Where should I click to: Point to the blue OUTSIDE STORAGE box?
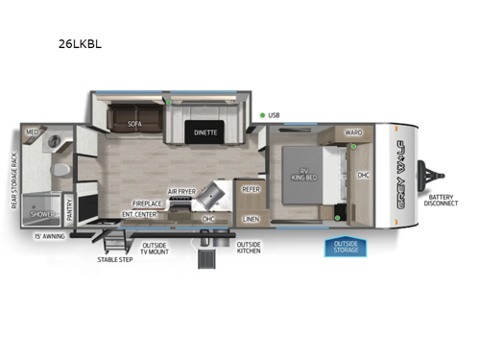click(345, 247)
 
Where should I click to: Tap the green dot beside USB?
click(262, 115)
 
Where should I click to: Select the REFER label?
click(252, 190)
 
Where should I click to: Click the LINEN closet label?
click(251, 219)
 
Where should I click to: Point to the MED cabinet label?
click(32, 132)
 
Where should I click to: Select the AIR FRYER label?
click(181, 192)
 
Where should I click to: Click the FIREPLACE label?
click(148, 203)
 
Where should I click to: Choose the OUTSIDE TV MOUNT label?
click(155, 248)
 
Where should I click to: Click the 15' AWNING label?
click(49, 235)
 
